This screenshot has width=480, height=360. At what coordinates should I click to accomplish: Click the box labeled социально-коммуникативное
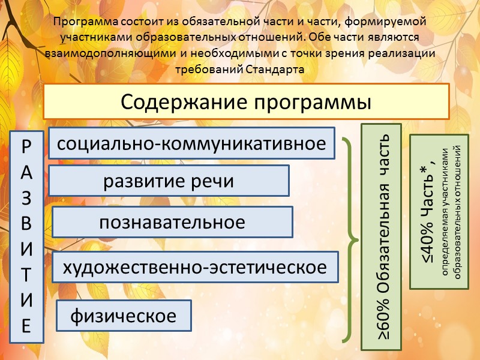coord(191,143)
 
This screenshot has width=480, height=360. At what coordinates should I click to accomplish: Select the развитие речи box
coord(169,181)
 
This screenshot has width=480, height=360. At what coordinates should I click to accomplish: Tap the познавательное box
coord(172,222)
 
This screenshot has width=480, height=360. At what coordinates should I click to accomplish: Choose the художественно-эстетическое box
coord(195,267)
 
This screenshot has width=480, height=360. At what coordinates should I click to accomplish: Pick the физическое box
coord(124,315)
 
